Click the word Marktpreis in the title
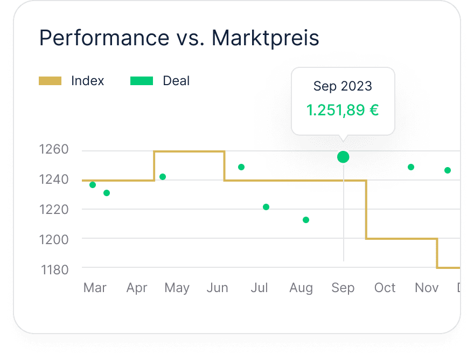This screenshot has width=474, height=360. [266, 38]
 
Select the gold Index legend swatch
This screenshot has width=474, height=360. [50, 81]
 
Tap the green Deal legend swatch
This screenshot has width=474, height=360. [142, 81]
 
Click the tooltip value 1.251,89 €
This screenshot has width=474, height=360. [343, 110]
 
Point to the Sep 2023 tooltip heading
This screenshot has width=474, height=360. [343, 86]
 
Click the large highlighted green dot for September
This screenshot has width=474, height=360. [343, 157]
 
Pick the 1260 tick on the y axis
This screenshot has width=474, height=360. [54, 149]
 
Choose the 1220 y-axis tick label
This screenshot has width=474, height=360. [54, 209]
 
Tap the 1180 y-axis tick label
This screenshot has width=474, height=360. [55, 269]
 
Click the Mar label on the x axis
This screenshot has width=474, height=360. [95, 288]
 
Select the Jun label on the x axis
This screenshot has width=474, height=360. [217, 288]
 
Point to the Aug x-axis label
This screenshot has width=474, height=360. [301, 288]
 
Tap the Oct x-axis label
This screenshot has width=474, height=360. [385, 288]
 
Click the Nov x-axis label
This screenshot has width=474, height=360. [427, 288]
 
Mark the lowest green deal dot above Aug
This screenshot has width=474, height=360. [306, 220]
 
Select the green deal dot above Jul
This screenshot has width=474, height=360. [266, 207]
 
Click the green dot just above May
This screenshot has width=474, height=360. [163, 177]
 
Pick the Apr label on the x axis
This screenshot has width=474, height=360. [137, 288]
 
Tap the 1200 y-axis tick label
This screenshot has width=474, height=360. [54, 239]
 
